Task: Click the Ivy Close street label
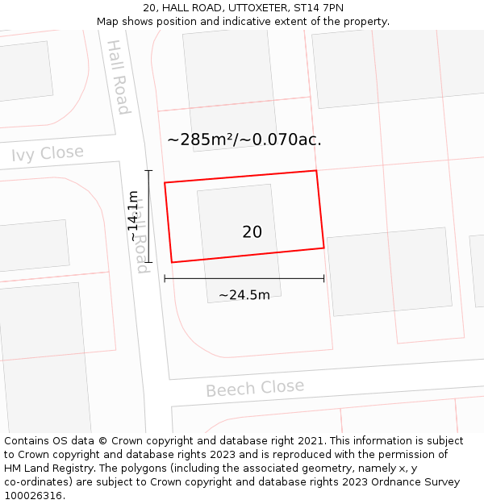point(47,153)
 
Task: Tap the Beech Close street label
point(255,388)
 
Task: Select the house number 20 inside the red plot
point(252,232)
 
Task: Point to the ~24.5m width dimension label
point(244,295)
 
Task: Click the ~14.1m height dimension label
point(134,216)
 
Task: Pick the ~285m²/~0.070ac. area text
point(244,140)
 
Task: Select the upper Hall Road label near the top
point(119,77)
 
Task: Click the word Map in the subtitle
point(108,22)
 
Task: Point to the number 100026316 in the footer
point(32,496)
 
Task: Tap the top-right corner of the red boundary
point(315,171)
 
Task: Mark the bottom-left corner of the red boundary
point(172,262)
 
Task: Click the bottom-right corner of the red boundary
point(324,248)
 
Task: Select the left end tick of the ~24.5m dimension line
point(165,278)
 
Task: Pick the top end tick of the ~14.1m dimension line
point(148,171)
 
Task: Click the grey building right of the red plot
point(390,271)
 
